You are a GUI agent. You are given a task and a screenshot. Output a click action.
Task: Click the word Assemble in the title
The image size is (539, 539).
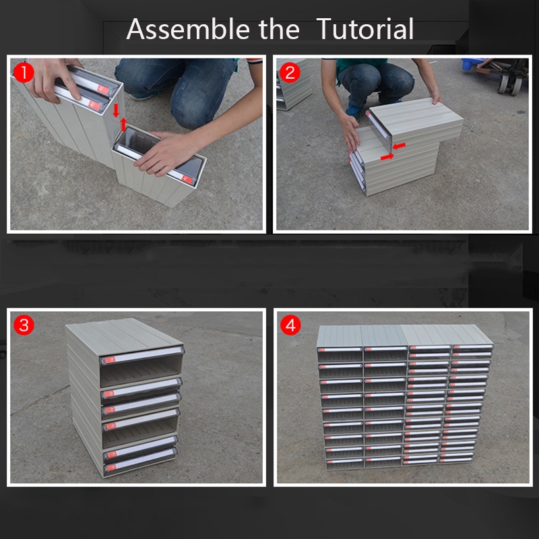click(187, 29)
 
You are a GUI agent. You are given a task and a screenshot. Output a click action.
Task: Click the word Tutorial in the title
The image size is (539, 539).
click(364, 29)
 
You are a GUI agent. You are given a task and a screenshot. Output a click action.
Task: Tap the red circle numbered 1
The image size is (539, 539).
click(24, 72)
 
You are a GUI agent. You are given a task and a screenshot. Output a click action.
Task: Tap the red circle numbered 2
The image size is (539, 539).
click(290, 73)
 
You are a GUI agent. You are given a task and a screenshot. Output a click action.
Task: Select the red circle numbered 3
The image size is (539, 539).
click(24, 325)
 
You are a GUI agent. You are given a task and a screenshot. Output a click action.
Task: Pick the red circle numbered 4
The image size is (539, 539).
click(290, 325)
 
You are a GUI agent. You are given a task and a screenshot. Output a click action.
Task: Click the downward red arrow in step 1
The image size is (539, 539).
click(116, 110)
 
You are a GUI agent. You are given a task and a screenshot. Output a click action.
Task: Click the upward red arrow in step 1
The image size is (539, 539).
click(123, 125)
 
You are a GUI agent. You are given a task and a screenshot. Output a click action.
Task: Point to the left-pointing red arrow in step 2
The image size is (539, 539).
click(399, 146)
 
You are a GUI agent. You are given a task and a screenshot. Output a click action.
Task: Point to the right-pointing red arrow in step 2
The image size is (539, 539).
click(387, 157)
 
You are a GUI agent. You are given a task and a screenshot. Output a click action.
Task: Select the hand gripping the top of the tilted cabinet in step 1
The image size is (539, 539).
click(53, 79)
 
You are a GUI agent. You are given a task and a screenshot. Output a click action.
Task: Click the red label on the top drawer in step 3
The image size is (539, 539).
click(110, 360)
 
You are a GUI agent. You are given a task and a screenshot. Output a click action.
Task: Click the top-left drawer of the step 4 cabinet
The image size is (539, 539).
click(340, 354)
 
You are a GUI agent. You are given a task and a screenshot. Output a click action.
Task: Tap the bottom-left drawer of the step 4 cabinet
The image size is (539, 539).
click(345, 463)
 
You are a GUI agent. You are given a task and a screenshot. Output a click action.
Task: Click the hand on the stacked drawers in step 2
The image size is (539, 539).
click(350, 133)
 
